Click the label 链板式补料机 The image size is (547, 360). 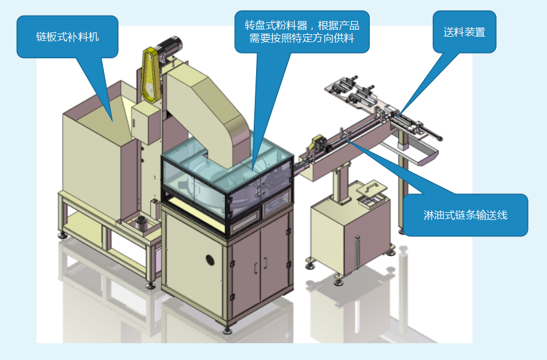click(x=67, y=37)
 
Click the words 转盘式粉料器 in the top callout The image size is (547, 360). click(x=276, y=25)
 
